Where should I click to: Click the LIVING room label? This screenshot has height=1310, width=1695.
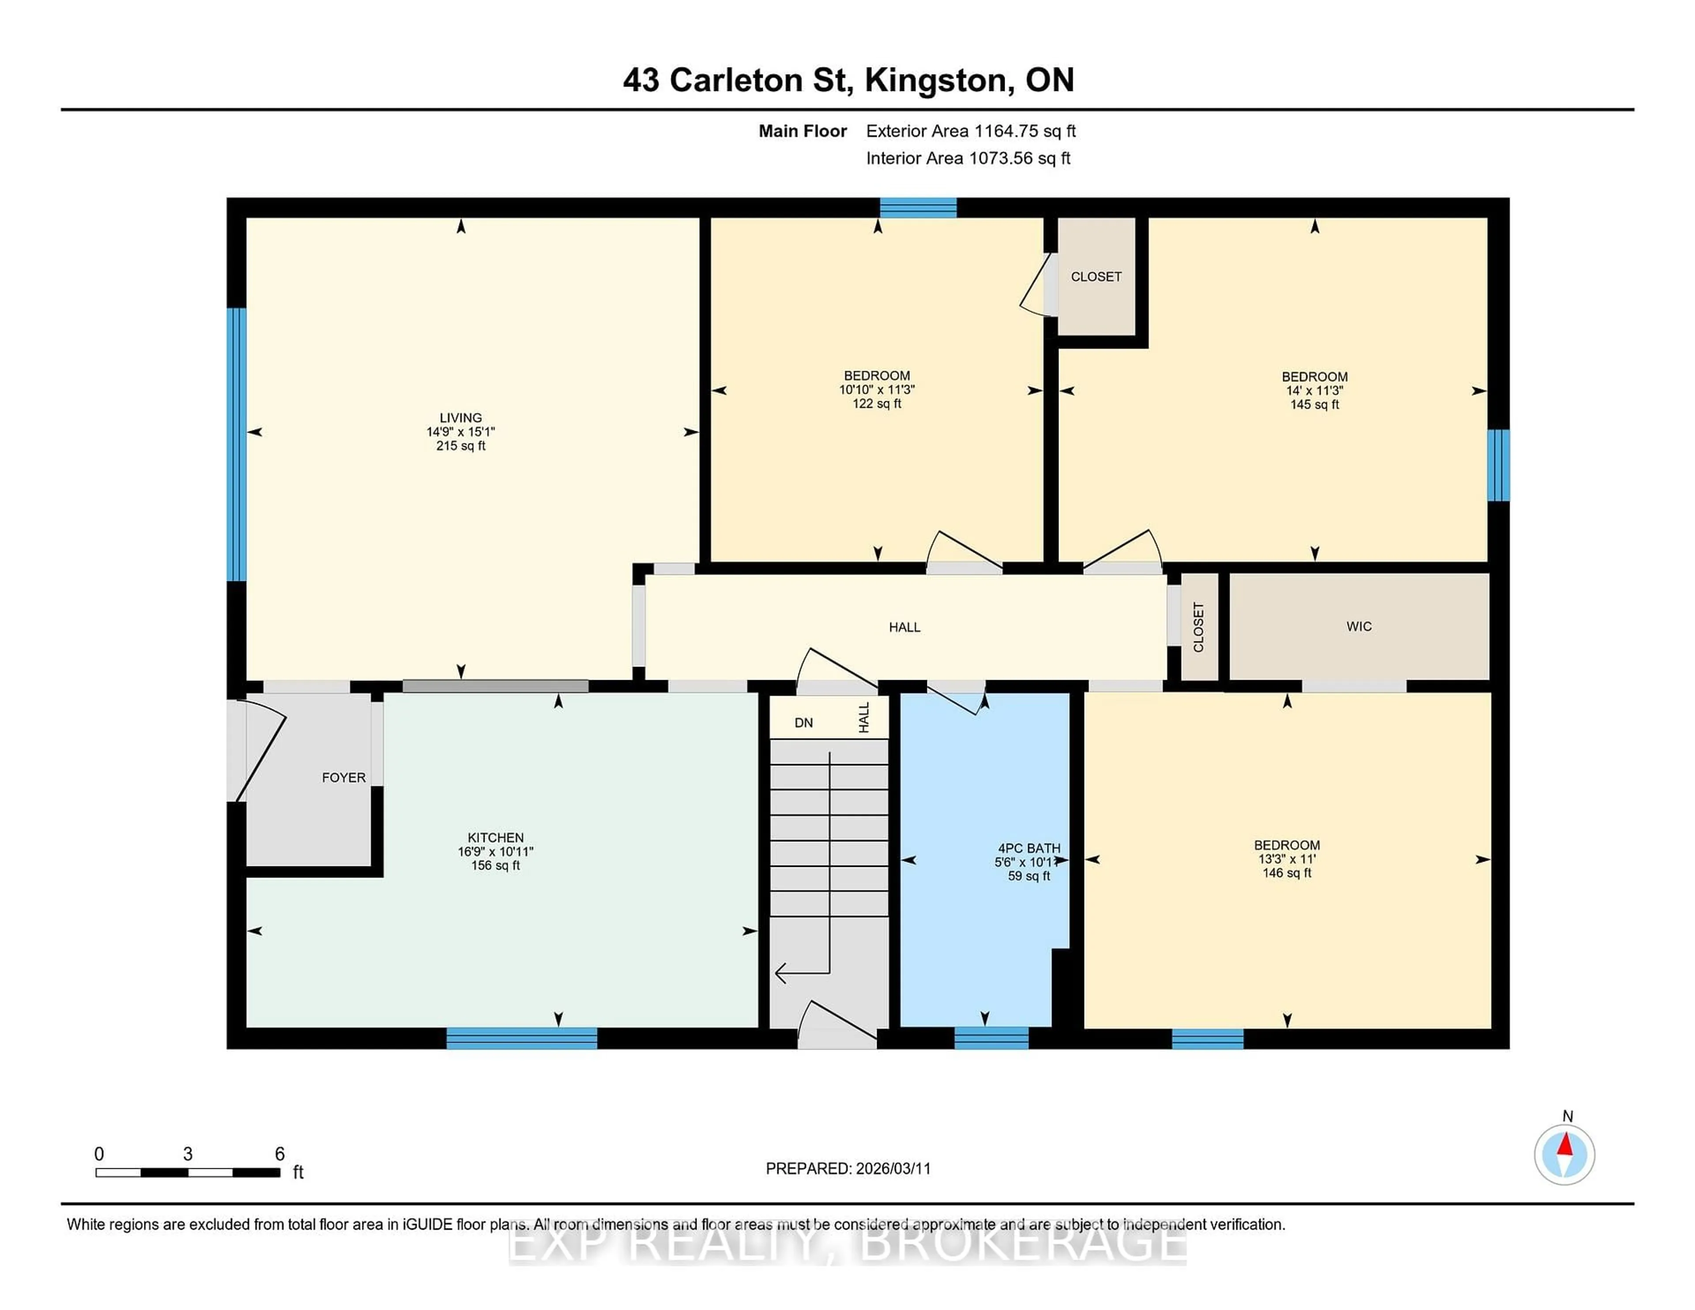(460, 418)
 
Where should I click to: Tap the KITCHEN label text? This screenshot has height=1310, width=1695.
(495, 837)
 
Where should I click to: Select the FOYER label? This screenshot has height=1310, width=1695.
(343, 778)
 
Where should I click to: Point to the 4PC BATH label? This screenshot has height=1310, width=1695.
(1028, 848)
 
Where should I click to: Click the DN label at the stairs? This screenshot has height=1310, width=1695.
(803, 723)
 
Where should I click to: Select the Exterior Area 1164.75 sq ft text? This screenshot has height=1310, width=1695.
(970, 131)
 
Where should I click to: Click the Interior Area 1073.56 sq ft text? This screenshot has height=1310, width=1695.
(968, 158)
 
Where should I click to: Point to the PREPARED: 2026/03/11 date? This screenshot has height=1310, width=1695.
(847, 1169)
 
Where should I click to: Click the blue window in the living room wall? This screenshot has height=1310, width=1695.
(237, 444)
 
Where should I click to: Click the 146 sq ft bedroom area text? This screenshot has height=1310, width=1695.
(1287, 873)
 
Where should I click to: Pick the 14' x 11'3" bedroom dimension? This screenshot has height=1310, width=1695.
(1314, 390)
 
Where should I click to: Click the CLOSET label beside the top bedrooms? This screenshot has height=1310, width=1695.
(1096, 277)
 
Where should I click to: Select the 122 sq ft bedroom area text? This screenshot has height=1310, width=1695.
(877, 403)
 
